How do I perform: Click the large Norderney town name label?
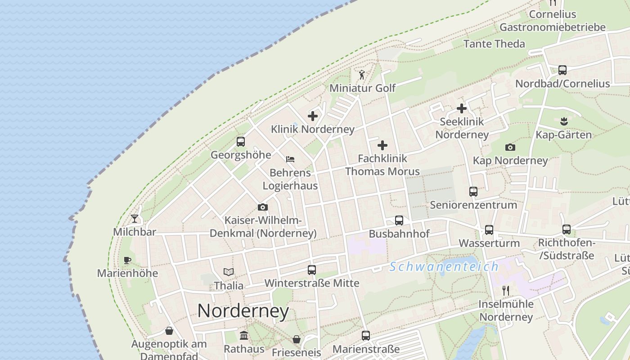(x=243, y=311)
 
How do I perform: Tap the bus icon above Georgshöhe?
(x=241, y=142)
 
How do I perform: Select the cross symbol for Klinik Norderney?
(x=313, y=116)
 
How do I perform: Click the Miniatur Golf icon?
(x=362, y=75)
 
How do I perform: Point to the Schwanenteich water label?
(x=444, y=267)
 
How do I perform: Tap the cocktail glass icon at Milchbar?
(x=135, y=219)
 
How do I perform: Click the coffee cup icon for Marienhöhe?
(x=127, y=260)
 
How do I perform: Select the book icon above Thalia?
(x=229, y=272)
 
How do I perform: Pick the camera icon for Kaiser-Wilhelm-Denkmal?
(x=263, y=207)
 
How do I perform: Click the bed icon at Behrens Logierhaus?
(x=290, y=159)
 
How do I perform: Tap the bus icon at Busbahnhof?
(x=399, y=220)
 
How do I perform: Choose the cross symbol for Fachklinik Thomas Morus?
(x=382, y=145)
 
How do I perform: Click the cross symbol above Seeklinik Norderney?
(x=462, y=108)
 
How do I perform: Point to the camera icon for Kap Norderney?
(x=510, y=147)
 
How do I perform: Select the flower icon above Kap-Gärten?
(x=564, y=121)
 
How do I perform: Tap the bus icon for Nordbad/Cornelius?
(x=562, y=70)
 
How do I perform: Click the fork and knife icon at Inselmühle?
(x=506, y=291)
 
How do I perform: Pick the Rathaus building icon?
(x=244, y=336)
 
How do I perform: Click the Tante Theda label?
(x=494, y=44)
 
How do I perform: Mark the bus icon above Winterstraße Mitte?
(x=312, y=270)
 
